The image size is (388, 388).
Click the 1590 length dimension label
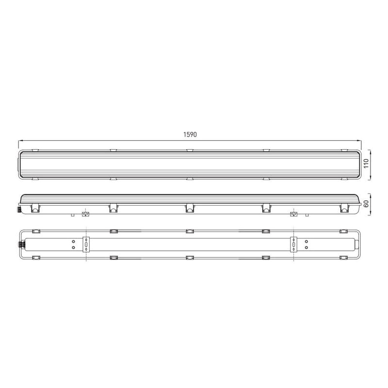(190, 134)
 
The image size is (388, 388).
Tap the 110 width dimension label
(366, 163)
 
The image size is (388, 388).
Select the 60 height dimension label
(366, 204)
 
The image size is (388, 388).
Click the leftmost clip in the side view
(35, 208)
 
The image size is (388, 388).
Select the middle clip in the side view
(190, 208)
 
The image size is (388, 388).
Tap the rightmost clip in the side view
(344, 208)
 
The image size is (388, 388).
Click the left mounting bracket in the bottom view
(86, 244)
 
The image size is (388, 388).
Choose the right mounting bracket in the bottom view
(293, 244)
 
